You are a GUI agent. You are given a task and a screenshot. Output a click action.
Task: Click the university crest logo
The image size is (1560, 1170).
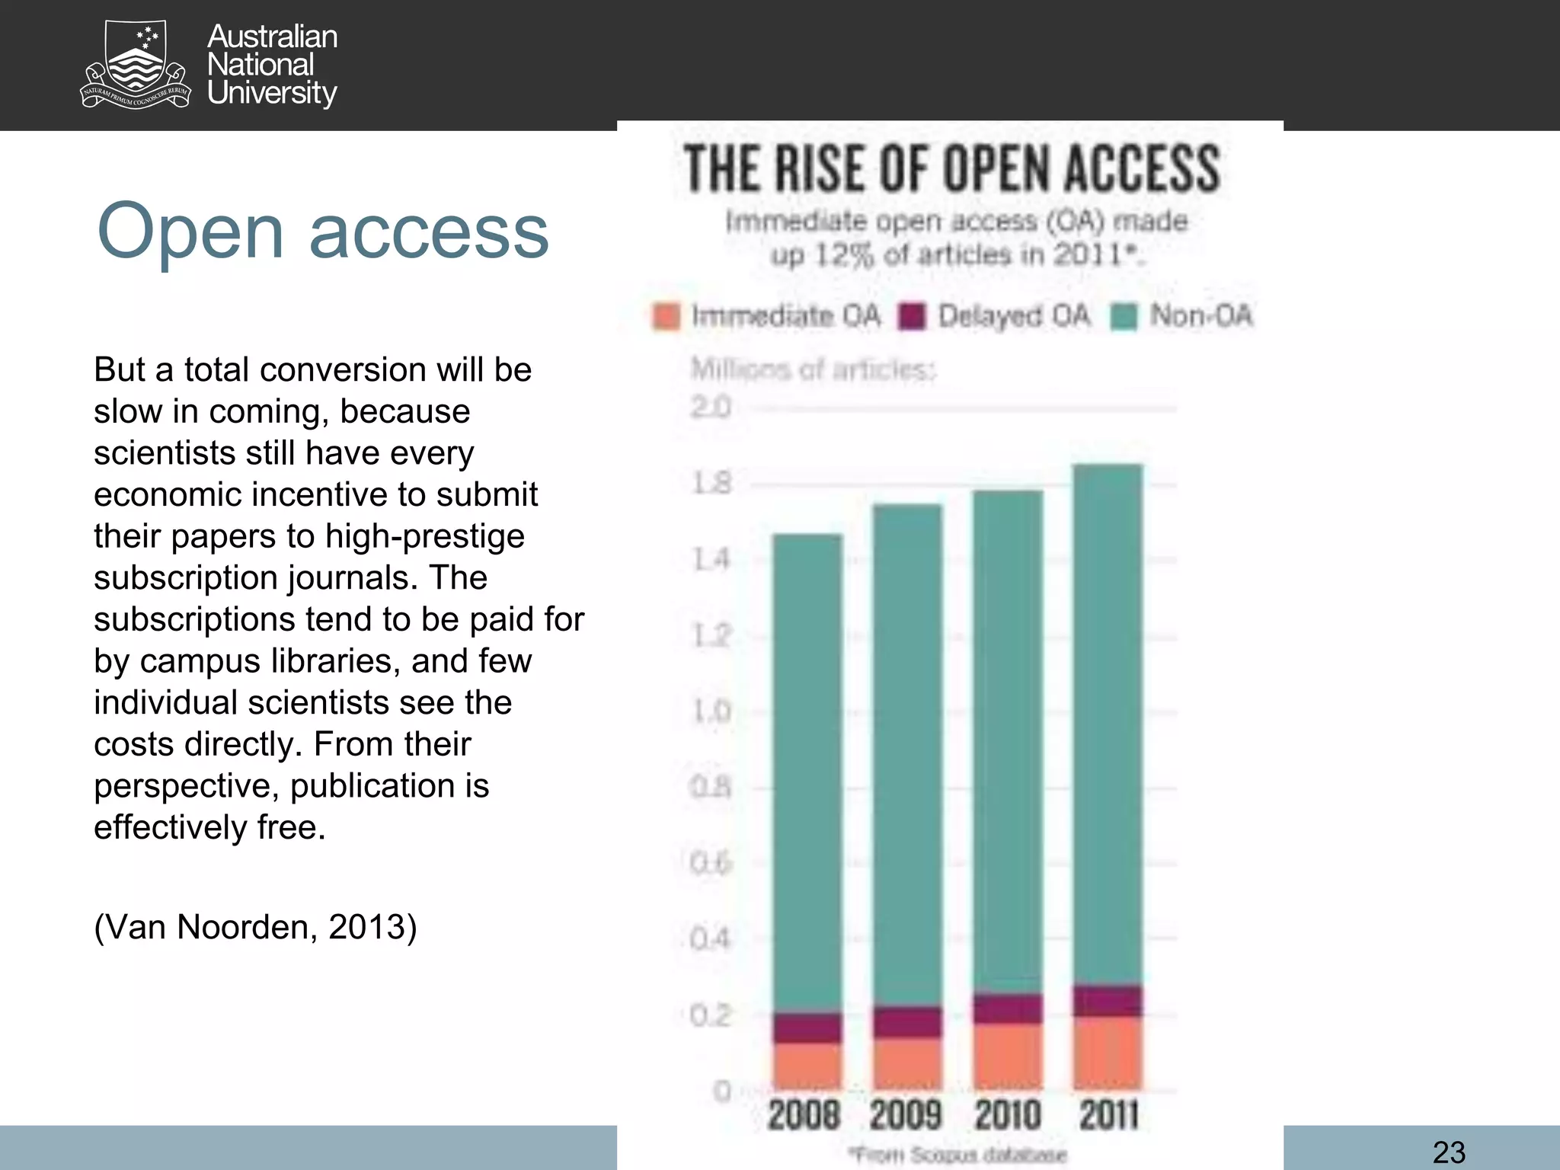click(136, 65)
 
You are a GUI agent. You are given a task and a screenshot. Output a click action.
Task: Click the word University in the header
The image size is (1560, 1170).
click(272, 93)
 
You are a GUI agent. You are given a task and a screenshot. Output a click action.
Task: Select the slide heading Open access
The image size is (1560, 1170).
click(322, 231)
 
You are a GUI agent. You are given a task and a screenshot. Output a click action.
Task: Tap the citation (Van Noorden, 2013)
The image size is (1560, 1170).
click(255, 927)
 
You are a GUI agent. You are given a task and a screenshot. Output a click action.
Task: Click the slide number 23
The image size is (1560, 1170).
click(1448, 1151)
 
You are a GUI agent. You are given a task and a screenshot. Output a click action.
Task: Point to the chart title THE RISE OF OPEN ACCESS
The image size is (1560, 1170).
click(951, 169)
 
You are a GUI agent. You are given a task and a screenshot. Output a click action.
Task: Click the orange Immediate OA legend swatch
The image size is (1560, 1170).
click(667, 316)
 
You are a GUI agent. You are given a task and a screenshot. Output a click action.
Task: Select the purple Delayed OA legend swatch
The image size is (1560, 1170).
click(911, 316)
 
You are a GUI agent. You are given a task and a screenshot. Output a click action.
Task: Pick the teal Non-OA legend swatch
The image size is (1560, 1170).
click(1124, 316)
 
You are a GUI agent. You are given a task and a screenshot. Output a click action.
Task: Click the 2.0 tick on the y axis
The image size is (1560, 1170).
click(710, 408)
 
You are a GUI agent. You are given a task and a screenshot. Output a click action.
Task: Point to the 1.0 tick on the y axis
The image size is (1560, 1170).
click(710, 711)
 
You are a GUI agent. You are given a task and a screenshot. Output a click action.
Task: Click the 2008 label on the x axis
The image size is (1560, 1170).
click(804, 1116)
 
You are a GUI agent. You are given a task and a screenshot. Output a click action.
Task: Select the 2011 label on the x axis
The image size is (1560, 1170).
click(1108, 1116)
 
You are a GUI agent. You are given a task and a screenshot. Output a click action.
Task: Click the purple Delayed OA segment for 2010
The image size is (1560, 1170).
click(1008, 1009)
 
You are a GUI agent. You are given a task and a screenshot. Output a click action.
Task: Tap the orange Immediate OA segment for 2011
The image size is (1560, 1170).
click(1108, 1051)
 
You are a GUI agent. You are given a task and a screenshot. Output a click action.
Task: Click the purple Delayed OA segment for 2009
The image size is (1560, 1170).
click(907, 1021)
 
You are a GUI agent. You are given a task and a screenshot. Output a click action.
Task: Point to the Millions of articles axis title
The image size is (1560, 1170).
click(813, 370)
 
